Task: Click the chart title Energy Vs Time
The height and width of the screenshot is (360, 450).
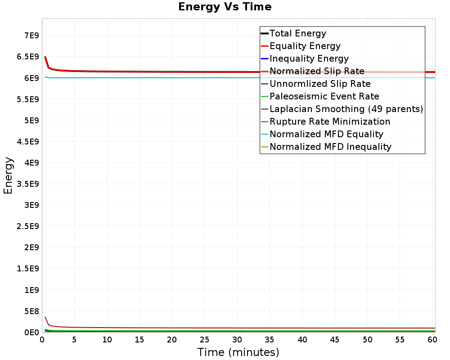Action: point(225,7)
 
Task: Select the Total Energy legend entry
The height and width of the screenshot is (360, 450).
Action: point(297,33)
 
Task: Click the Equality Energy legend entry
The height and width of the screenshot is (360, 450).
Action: point(305,46)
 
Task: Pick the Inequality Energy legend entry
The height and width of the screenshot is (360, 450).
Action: point(309,58)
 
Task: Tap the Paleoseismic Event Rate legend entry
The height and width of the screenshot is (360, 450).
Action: point(324,96)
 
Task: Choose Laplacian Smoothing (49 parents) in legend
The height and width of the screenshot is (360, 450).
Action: point(346,109)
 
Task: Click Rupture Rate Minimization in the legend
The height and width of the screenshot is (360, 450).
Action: point(330,121)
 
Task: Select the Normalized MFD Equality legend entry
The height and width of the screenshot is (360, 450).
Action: point(326,134)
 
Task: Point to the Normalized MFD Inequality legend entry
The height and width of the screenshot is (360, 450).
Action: point(330,147)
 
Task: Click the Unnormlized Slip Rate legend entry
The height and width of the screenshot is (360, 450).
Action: point(320,84)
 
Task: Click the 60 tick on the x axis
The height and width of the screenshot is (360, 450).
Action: point(432,340)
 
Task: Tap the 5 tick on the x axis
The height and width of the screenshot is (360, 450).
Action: point(75,340)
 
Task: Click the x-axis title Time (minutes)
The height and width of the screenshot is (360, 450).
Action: point(238,352)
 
